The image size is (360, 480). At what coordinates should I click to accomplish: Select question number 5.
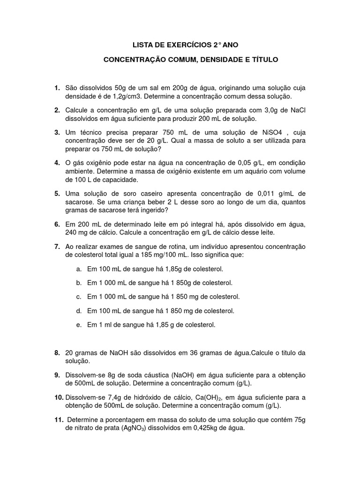tap(57, 193)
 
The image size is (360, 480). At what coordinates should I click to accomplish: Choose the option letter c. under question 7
tap(79, 297)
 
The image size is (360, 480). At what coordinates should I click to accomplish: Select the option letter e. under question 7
tap(79, 325)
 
